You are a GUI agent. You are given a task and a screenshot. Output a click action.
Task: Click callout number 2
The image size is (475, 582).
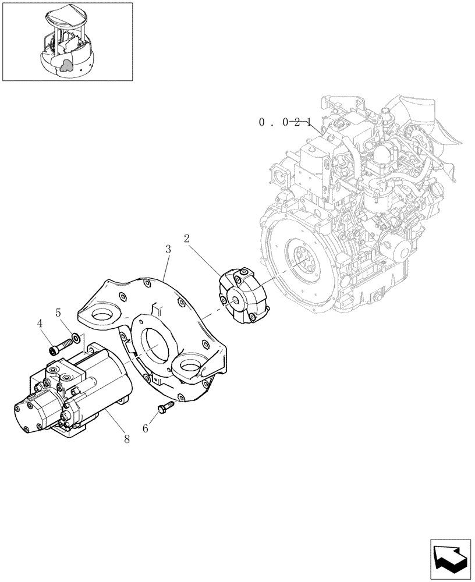(187, 238)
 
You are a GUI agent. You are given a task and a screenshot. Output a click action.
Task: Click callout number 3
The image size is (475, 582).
(168, 249)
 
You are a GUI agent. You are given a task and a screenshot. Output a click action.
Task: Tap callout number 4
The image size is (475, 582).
(40, 323)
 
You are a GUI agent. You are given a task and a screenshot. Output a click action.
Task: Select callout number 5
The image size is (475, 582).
(58, 312)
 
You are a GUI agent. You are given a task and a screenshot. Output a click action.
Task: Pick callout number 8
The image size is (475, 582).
(127, 439)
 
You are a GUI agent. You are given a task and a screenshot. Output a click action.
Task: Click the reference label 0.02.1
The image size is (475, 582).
(285, 122)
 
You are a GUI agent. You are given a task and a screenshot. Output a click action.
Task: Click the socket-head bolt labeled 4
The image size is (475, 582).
(56, 349)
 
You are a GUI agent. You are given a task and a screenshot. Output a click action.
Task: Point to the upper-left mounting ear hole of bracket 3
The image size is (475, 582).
(105, 318)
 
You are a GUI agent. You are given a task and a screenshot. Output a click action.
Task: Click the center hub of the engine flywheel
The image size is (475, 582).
(302, 261)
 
